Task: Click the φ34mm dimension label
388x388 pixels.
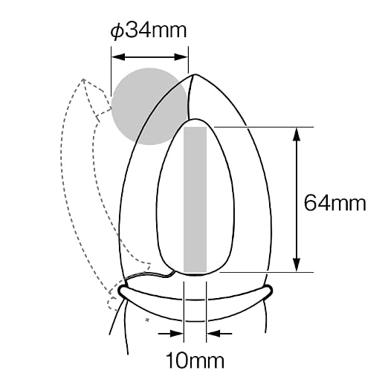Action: click(x=148, y=30)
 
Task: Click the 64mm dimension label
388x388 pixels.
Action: click(x=335, y=203)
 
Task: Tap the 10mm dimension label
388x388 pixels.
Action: click(x=195, y=360)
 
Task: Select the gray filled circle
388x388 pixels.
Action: click(x=149, y=106)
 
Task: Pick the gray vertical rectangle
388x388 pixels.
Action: click(x=195, y=200)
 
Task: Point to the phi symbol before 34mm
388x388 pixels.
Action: click(x=116, y=31)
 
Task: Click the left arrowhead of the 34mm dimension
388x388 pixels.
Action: click(x=118, y=57)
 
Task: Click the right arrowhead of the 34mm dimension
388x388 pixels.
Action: click(x=181, y=57)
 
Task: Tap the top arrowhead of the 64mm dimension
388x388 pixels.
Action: click(x=297, y=135)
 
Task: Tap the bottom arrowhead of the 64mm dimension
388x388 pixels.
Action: click(x=297, y=265)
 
